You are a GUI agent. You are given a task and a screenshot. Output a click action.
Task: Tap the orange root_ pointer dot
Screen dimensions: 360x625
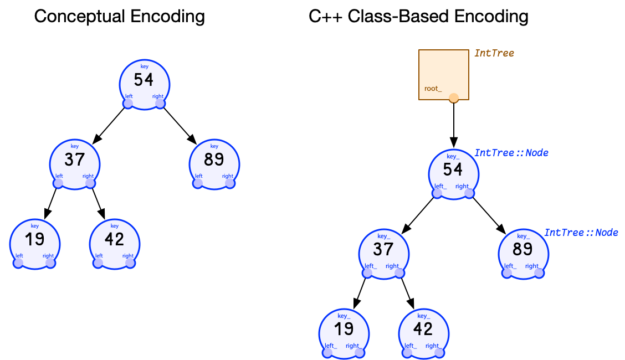(454, 98)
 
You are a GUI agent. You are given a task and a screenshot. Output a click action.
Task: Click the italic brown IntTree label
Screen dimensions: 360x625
(494, 53)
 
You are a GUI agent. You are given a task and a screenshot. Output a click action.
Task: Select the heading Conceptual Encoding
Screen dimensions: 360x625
(119, 16)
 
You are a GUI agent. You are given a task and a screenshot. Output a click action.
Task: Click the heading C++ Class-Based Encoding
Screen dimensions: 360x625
(418, 16)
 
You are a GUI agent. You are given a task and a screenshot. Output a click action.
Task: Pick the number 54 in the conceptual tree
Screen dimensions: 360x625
(144, 80)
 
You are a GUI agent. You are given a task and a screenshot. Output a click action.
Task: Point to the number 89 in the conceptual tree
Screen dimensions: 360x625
(214, 160)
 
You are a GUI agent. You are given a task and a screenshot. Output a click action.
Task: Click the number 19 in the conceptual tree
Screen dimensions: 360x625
(34, 239)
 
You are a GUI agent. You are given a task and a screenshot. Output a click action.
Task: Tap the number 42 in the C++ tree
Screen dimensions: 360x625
(423, 329)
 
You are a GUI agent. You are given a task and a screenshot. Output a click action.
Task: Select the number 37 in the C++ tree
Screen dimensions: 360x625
(383, 250)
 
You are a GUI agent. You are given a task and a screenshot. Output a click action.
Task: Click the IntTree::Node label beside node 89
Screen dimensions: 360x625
(581, 233)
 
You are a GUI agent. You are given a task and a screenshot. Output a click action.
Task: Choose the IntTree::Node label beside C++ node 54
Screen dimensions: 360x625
(511, 153)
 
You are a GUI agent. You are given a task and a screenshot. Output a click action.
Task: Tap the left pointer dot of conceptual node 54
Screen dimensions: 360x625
(128, 104)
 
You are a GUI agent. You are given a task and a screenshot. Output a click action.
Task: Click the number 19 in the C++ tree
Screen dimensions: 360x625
(344, 329)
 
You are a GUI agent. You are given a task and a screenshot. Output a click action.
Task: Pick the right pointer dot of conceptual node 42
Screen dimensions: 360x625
(130, 263)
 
